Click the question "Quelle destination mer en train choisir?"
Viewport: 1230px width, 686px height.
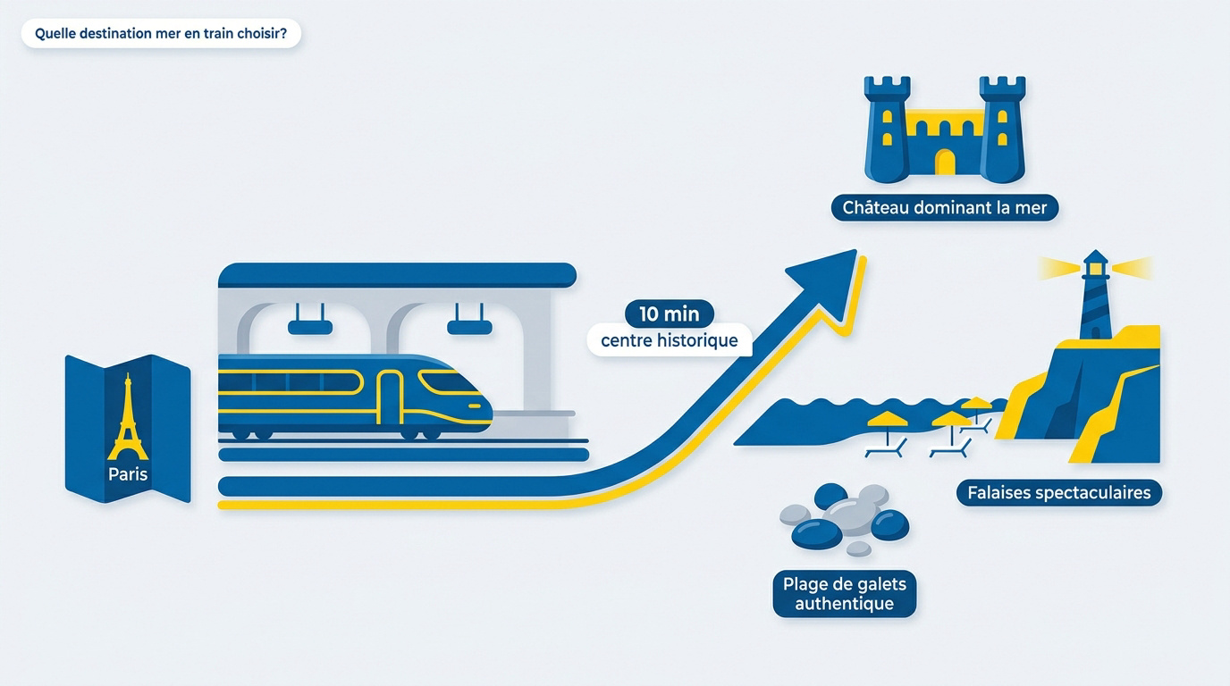[x=161, y=33]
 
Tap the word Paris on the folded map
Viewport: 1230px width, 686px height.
[x=128, y=474]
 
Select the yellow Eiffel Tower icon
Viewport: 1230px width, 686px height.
[x=128, y=417]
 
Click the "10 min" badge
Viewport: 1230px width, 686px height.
[x=670, y=314]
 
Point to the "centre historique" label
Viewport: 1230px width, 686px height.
[x=670, y=341]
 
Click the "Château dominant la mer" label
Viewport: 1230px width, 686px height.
[x=945, y=208]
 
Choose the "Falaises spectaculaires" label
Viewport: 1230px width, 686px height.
[x=1059, y=493]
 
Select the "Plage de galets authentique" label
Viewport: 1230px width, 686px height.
[x=845, y=594]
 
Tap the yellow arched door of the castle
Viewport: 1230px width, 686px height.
[x=945, y=162]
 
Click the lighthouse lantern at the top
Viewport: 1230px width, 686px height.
[x=1096, y=268]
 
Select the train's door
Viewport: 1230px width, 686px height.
[x=391, y=397]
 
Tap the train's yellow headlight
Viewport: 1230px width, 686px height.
[x=475, y=406]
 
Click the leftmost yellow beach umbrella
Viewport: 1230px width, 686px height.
[x=887, y=420]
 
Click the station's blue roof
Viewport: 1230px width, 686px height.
[x=397, y=275]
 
